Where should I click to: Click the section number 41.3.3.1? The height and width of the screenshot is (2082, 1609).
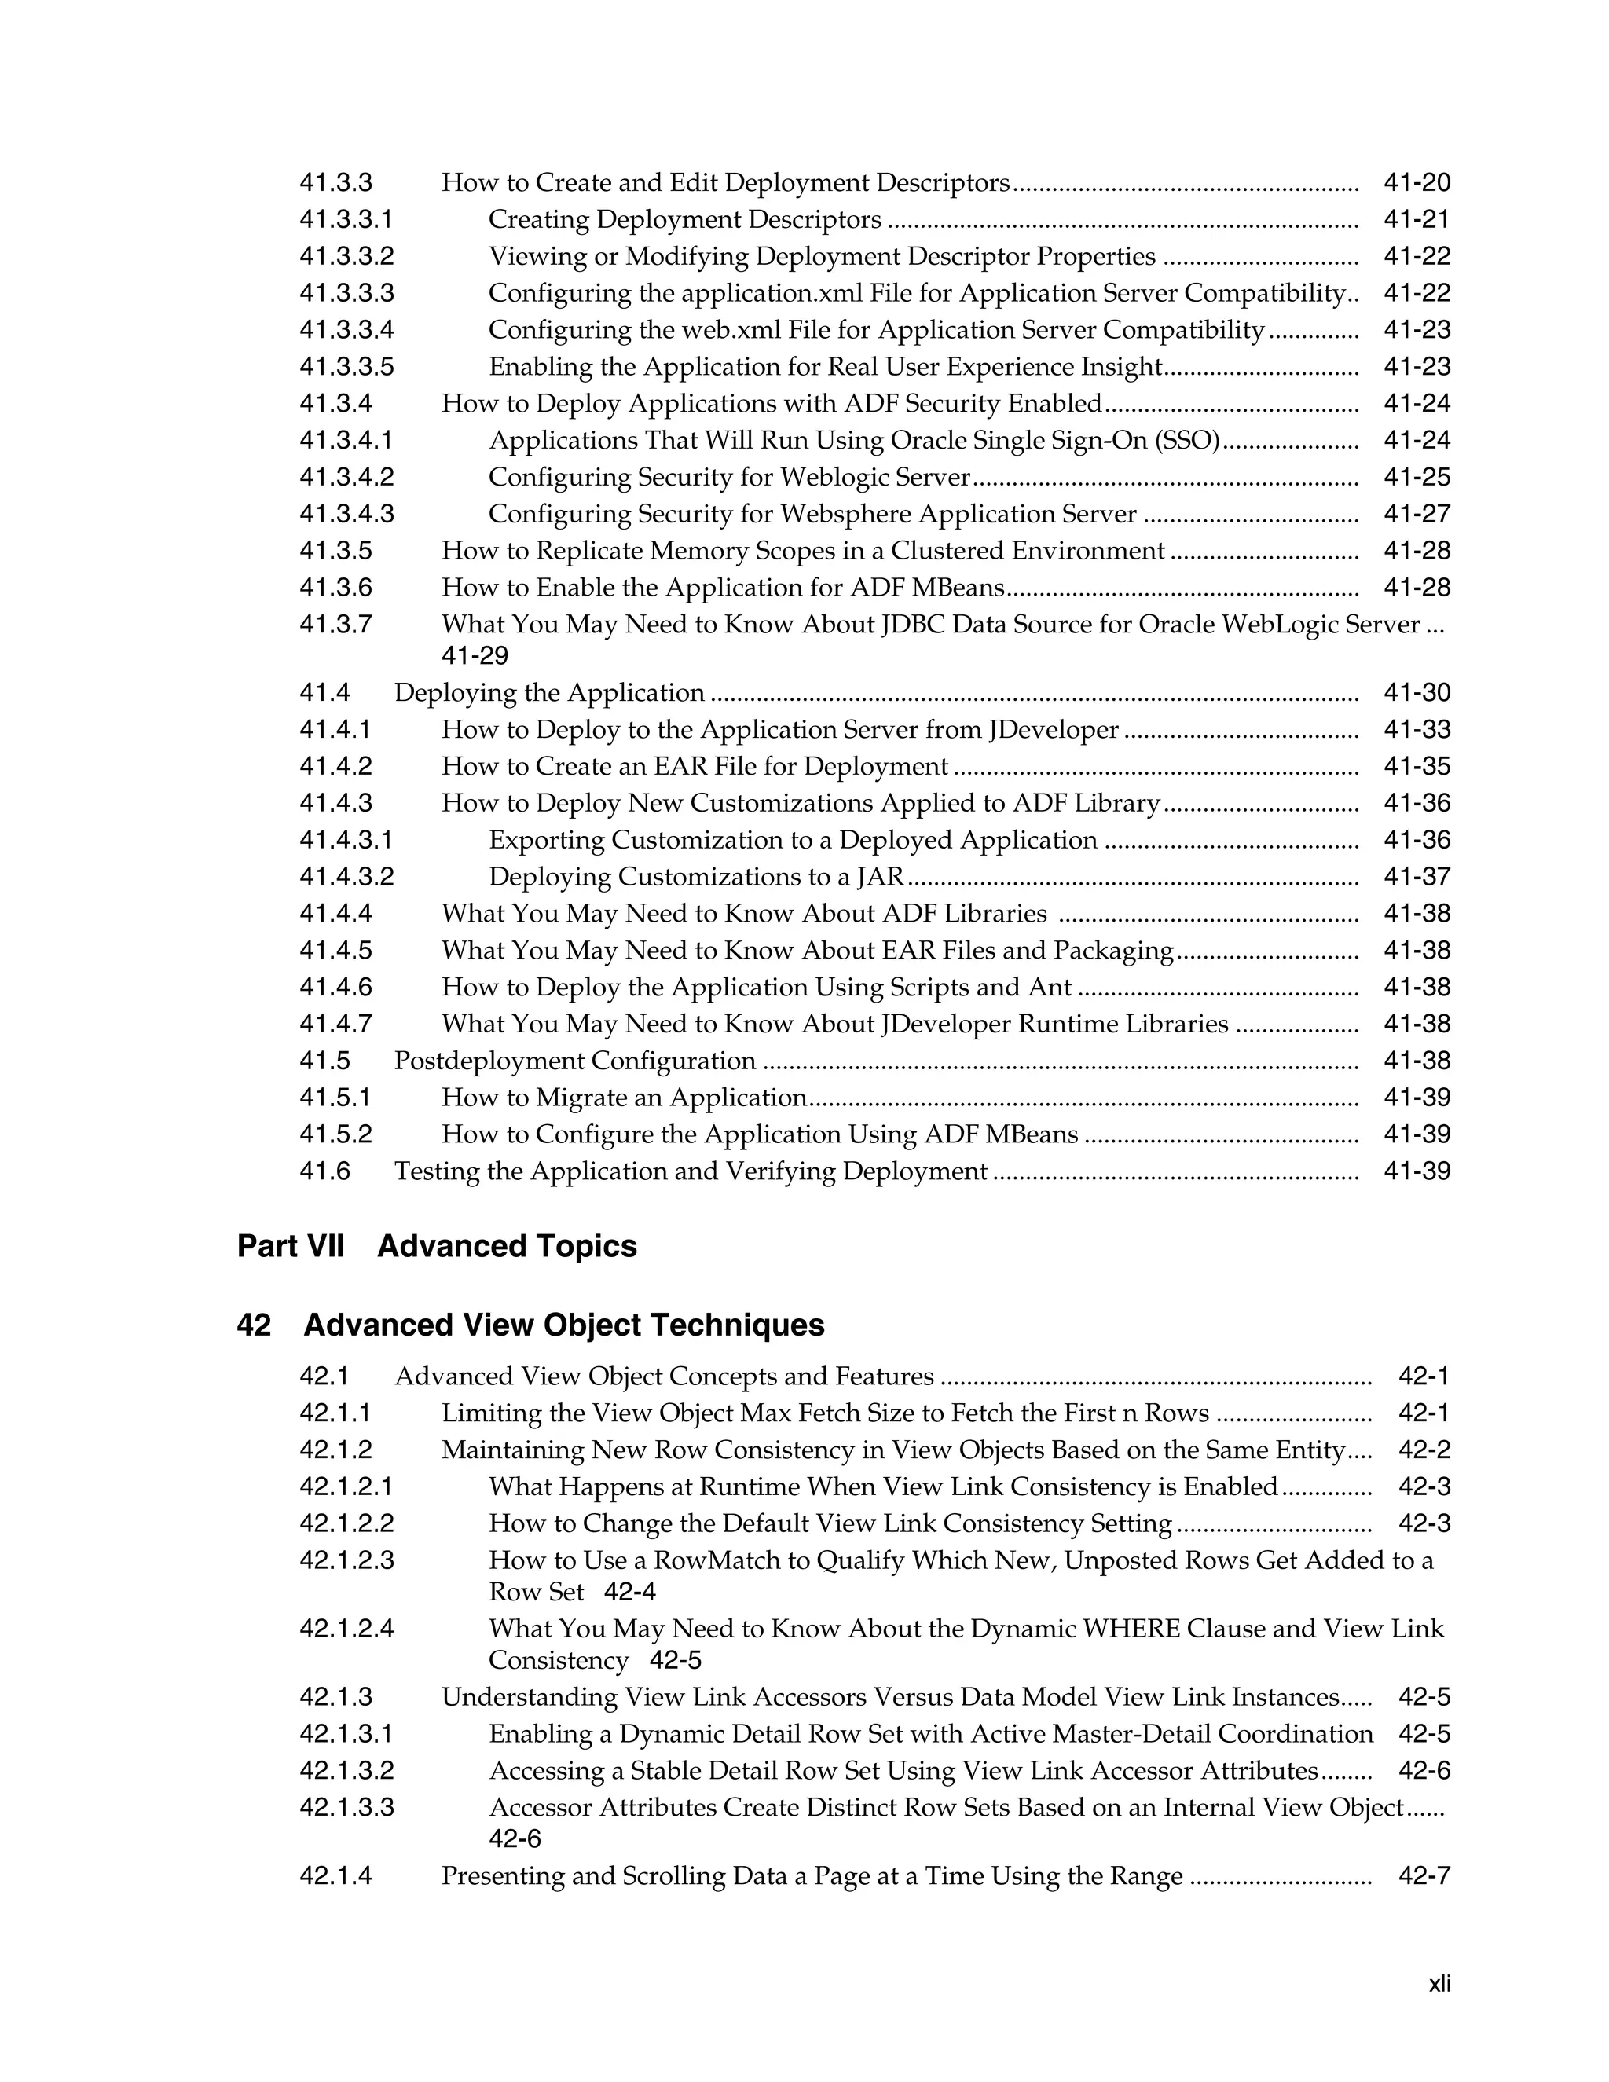346,220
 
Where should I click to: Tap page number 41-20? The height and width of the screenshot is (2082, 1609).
1417,183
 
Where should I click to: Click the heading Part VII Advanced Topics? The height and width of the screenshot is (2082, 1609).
437,1246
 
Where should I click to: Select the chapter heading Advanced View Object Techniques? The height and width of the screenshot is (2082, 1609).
563,1325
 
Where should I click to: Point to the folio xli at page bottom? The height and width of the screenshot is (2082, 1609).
1439,1984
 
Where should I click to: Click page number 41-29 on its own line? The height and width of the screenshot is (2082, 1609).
475,656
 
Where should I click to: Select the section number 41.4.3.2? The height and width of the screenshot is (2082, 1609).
346,877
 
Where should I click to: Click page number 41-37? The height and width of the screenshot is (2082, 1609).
1417,877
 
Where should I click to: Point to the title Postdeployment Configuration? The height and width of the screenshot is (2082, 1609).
575,1061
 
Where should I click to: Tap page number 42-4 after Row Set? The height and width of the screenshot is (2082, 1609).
630,1592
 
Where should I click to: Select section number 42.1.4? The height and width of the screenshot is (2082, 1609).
335,1876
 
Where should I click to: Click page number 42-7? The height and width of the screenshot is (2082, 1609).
1424,1876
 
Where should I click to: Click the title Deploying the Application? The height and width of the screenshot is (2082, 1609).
549,693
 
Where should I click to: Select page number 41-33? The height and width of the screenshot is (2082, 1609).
1417,730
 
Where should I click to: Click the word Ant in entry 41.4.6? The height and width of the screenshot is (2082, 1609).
1050,988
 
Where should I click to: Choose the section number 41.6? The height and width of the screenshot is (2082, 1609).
325,1171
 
